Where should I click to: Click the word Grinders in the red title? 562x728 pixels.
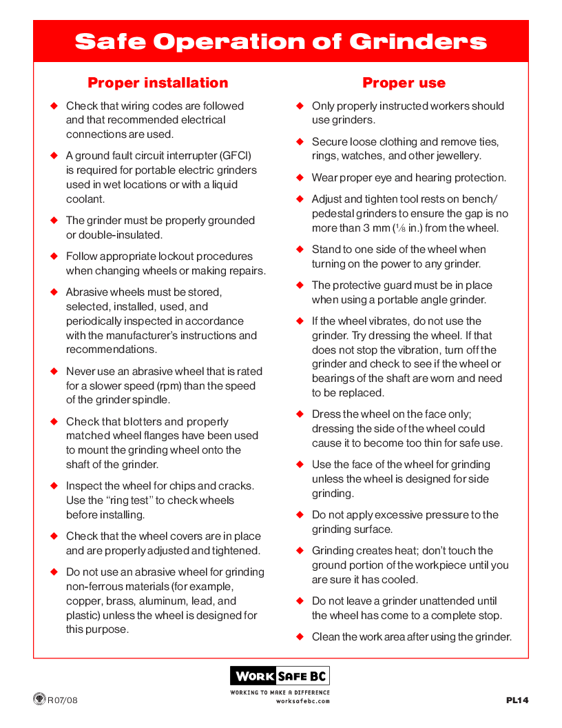(418, 41)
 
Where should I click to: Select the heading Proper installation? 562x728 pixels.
(158, 83)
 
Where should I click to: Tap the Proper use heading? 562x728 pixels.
(404, 83)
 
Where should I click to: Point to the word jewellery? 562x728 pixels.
(455, 156)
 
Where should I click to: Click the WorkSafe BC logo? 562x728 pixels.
(280, 675)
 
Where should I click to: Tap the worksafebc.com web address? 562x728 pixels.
(303, 701)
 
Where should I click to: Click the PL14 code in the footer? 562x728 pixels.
(517, 700)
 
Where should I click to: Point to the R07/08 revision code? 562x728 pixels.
(63, 700)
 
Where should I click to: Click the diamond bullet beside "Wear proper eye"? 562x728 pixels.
(300, 178)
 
